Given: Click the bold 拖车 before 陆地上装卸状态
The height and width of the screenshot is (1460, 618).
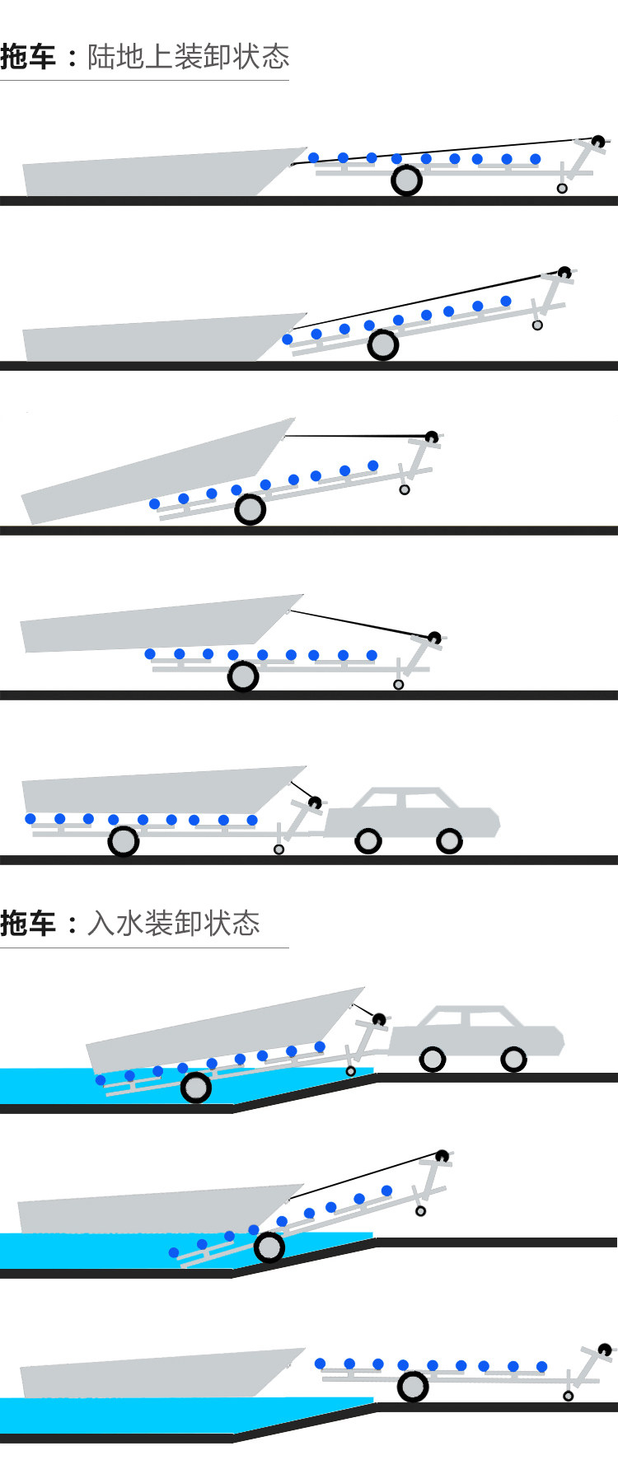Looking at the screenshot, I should pyautogui.click(x=28, y=57).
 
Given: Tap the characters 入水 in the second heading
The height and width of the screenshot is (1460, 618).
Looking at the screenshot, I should pyautogui.click(x=115, y=924).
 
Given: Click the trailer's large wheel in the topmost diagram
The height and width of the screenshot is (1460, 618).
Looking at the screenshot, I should pyautogui.click(x=406, y=180).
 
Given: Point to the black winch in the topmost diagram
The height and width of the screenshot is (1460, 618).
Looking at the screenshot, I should pyautogui.click(x=598, y=142).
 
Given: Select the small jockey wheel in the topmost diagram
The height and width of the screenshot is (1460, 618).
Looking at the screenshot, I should pyautogui.click(x=562, y=189).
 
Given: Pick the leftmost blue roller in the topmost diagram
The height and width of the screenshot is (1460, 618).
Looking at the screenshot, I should pyautogui.click(x=313, y=157).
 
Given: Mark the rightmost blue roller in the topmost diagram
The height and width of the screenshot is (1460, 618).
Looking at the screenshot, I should pyautogui.click(x=536, y=159).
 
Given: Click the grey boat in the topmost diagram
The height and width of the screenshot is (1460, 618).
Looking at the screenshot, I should pyautogui.click(x=157, y=174).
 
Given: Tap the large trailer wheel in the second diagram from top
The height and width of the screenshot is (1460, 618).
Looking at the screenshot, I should pyautogui.click(x=383, y=345).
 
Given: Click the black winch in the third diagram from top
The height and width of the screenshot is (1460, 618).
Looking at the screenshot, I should pyautogui.click(x=430, y=436).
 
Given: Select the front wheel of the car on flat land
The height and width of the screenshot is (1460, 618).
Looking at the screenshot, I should pyautogui.click(x=449, y=841).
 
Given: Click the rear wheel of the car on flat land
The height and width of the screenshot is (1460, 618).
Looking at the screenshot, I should pyautogui.click(x=368, y=841).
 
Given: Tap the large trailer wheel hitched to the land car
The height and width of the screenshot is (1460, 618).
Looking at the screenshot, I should pyautogui.click(x=124, y=841).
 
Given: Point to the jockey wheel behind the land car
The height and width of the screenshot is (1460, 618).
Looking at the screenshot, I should pyautogui.click(x=279, y=849).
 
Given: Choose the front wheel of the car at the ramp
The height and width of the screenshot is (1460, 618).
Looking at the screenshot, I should pyautogui.click(x=513, y=1059).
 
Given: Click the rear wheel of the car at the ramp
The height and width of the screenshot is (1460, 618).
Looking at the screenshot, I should pyautogui.click(x=433, y=1059).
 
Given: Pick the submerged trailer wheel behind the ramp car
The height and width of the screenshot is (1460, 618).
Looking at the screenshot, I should pyautogui.click(x=195, y=1088).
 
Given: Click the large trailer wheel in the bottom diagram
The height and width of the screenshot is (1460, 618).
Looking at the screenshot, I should pyautogui.click(x=413, y=1387).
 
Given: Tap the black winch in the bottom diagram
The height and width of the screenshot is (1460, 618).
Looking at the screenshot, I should pyautogui.click(x=606, y=1350).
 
